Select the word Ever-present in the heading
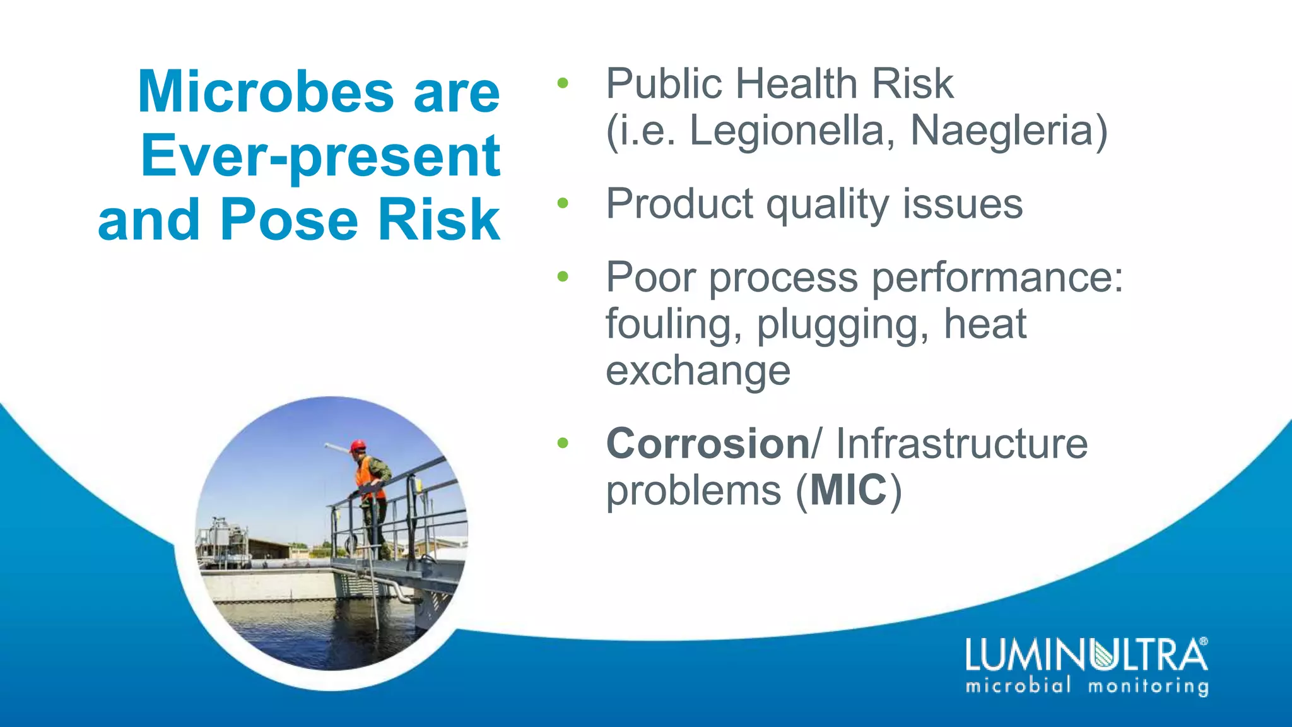[x=320, y=157]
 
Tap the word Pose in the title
[x=290, y=220]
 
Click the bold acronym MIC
[x=849, y=490]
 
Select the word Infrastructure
[x=961, y=443]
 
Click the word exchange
[x=698, y=370]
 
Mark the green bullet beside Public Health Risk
[x=563, y=83]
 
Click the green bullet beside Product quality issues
[x=563, y=203]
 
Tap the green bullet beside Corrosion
[x=563, y=443]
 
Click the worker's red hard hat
[x=358, y=446]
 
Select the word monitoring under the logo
[x=1148, y=686]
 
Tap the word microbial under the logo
[x=1018, y=685]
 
